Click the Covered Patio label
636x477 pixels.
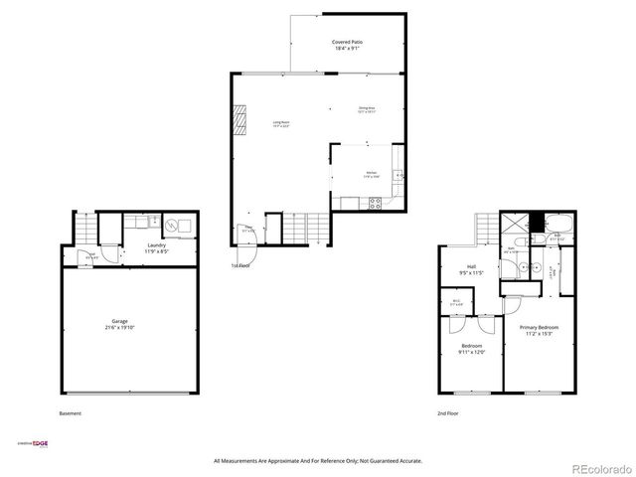pos(347,45)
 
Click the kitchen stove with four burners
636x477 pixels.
pos(376,203)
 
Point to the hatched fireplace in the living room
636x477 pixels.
pos(238,122)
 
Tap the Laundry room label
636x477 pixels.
pos(156,247)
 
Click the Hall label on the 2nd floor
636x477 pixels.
pos(475,268)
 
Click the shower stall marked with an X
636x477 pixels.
pos(514,224)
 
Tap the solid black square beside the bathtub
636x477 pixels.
pos(536,222)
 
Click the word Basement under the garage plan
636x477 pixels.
pos(71,413)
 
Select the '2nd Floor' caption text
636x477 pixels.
pos(448,413)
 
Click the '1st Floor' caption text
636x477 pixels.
pos(239,266)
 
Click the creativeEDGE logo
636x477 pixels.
pos(34,443)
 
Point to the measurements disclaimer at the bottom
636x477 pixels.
pos(318,461)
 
